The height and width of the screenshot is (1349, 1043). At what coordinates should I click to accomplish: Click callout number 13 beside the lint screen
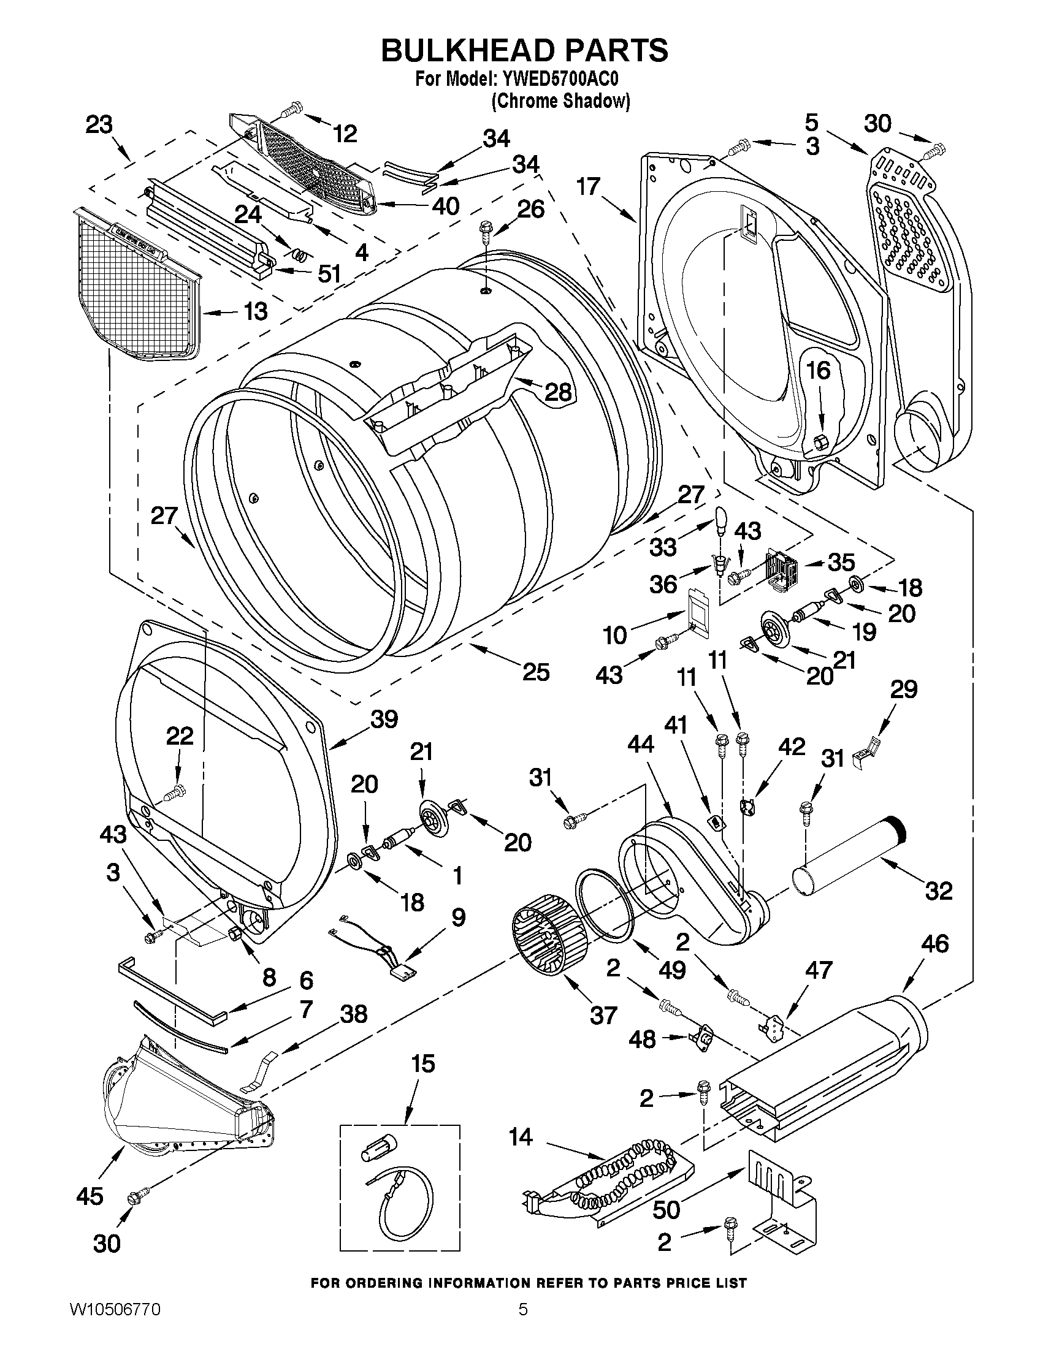coord(255,311)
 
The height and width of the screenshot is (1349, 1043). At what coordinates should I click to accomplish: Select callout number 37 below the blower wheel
coord(603,1015)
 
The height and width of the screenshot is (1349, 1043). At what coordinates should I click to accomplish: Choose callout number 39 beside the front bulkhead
coord(384,719)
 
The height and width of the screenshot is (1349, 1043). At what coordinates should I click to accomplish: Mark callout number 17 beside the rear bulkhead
coord(589,186)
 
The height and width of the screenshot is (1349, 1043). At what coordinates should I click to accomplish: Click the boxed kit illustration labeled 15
coord(400,1188)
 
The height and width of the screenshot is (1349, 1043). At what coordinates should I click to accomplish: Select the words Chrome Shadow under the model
coord(560,101)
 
